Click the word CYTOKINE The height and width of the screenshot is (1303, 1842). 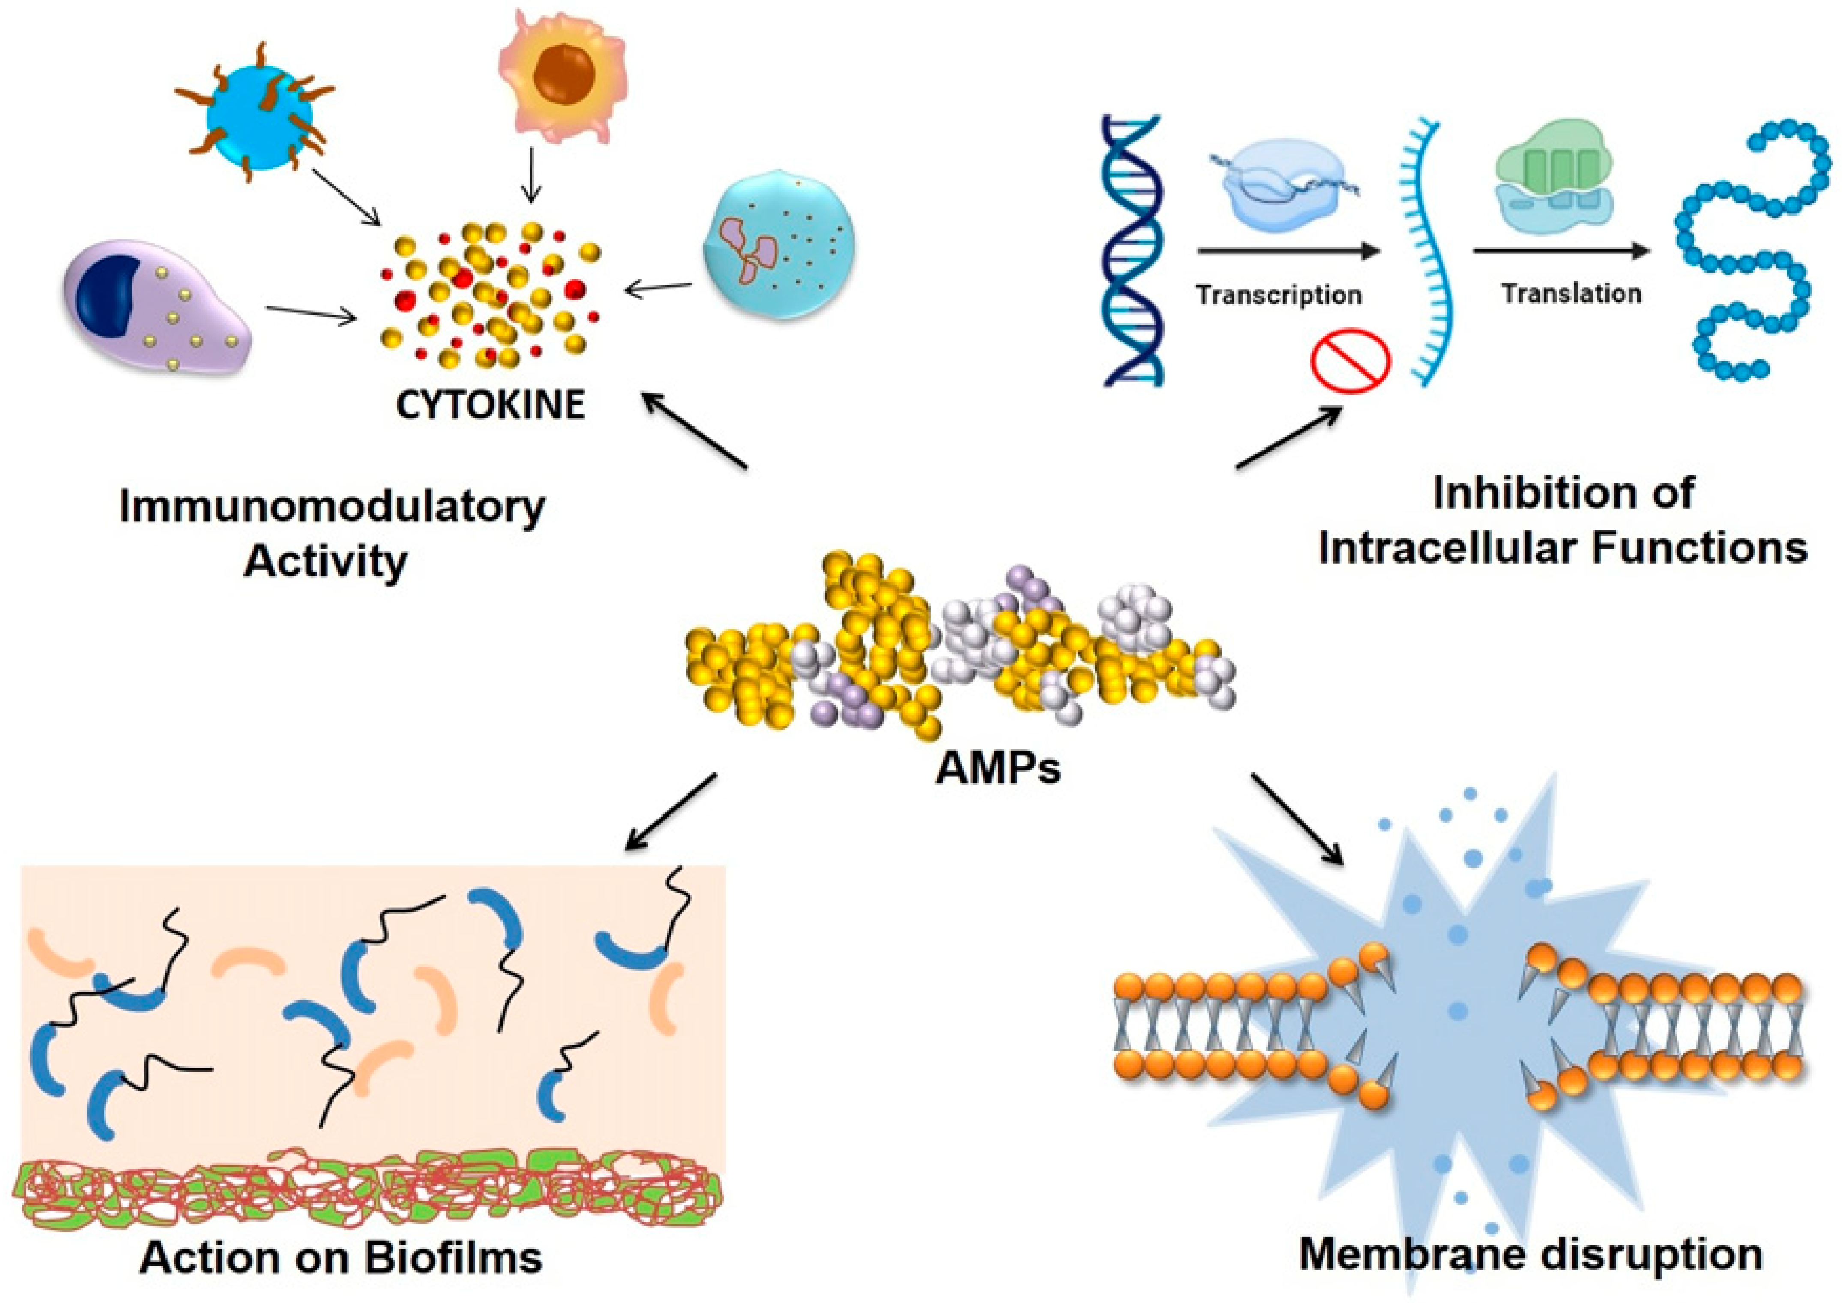[490, 405]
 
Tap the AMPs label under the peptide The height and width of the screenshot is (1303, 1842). [998, 768]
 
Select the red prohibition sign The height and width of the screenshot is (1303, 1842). [1350, 360]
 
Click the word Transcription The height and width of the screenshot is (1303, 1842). [1279, 295]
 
